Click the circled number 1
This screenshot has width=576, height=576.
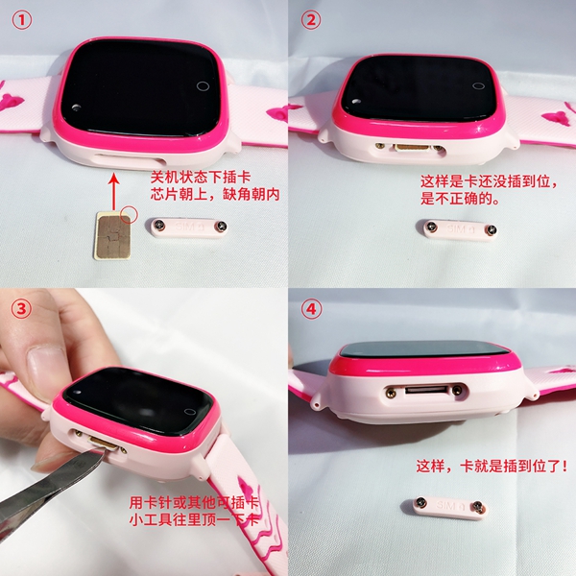[x=22, y=20]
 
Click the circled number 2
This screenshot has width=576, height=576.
[x=311, y=20]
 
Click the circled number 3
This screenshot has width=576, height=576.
[x=22, y=309]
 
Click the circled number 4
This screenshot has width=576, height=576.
[x=311, y=309]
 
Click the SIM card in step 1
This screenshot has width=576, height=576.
[x=112, y=236]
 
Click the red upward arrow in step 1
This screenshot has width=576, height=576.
[x=115, y=193]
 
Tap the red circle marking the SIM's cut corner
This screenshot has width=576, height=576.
[x=129, y=214]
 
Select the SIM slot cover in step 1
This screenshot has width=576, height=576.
[x=188, y=228]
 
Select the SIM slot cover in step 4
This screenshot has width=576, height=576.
[x=444, y=507]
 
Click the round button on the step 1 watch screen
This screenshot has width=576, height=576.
[x=203, y=86]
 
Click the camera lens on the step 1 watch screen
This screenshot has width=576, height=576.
[x=77, y=108]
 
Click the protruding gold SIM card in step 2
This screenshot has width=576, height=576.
[x=413, y=148]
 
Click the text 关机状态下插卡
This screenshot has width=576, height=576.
[x=201, y=178]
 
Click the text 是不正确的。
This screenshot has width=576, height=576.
[x=460, y=199]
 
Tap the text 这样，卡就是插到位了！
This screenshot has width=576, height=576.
[x=492, y=467]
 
